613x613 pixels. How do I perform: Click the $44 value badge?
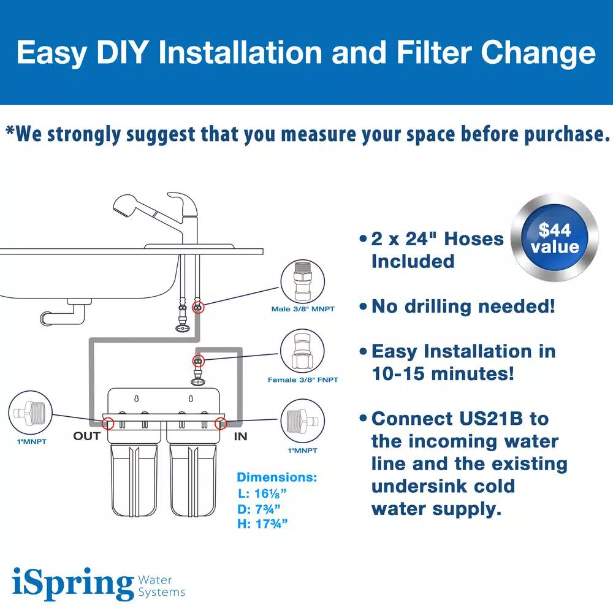point(555,238)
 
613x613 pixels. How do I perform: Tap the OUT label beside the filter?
point(86,436)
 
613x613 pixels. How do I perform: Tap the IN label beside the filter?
point(240,436)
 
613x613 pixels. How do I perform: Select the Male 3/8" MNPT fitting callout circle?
point(303,281)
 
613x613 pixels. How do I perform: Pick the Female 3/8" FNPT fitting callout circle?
point(303,352)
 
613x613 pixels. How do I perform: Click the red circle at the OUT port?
point(109,423)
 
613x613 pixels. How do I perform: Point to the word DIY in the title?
point(119,53)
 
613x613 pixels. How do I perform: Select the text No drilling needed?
point(463,306)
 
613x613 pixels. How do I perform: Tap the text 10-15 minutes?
point(443,373)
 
